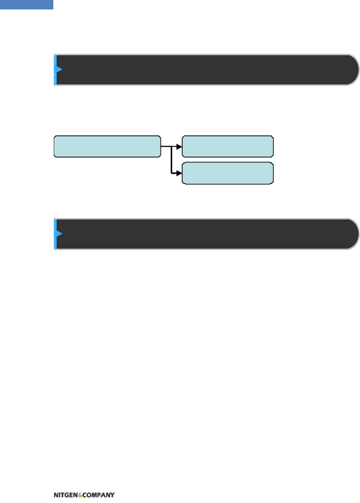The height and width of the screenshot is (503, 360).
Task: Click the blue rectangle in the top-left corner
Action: coord(26,4)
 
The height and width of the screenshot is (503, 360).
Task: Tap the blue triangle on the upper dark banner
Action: coord(59,69)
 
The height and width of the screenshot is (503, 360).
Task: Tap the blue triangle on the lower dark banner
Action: coord(59,234)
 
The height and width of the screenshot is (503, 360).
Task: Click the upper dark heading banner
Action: coord(203,69)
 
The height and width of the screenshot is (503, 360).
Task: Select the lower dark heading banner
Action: coord(203,234)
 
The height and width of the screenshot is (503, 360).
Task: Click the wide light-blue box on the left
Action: coord(107,146)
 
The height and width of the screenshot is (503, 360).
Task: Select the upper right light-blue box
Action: coord(227,146)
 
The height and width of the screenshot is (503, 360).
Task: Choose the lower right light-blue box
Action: coord(227,173)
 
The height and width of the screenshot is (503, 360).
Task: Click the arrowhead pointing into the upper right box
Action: coord(179,146)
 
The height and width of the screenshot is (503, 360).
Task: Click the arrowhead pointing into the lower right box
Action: coord(179,173)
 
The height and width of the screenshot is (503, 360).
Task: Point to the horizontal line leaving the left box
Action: coord(166,146)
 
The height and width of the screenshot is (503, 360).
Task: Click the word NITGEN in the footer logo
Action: coord(65,495)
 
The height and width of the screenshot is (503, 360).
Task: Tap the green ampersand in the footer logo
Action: coord(80,495)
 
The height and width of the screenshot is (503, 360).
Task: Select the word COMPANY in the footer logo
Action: coord(99,495)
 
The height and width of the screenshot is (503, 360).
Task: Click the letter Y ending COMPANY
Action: coord(112,495)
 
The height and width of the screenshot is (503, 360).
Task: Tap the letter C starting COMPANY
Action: coord(84,495)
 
